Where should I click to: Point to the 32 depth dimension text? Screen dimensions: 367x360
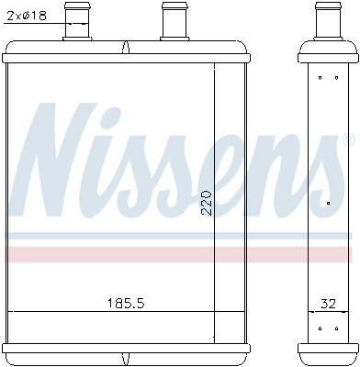(x=328, y=301)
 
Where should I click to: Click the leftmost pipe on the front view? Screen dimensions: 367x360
(x=78, y=22)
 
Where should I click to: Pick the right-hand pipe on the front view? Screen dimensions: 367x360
(x=172, y=22)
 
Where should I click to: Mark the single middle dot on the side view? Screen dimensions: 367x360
(x=329, y=199)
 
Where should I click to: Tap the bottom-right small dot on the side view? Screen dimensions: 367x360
(x=338, y=328)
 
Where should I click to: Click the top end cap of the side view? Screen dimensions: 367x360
(x=328, y=53)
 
